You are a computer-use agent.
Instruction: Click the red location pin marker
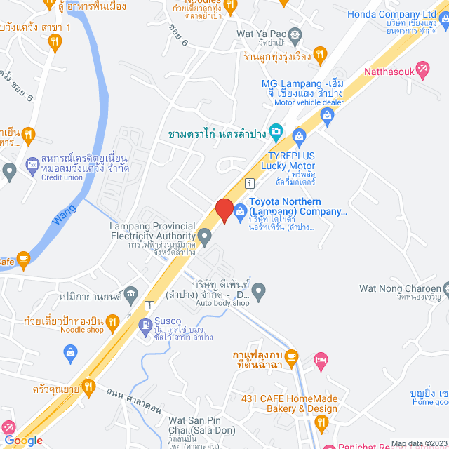[224, 210]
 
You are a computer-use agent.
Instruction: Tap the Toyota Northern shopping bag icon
[240, 210]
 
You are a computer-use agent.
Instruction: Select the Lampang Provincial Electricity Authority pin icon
[205, 237]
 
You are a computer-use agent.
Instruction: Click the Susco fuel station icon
[145, 325]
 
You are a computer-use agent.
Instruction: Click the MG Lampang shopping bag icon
[326, 114]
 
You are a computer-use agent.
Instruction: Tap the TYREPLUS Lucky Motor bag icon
[300, 134]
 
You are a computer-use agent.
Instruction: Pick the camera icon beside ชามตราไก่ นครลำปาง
[276, 130]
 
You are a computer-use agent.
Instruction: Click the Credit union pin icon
[9, 170]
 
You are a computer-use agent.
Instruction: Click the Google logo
[22, 440]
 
